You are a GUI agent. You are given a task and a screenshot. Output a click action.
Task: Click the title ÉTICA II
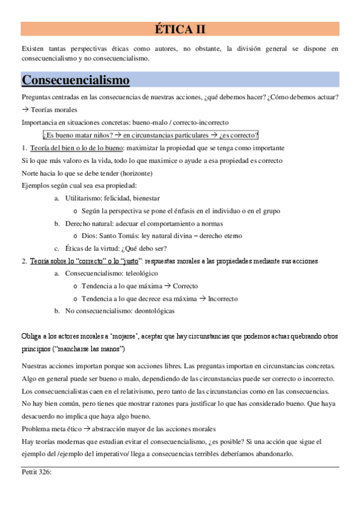click(180, 29)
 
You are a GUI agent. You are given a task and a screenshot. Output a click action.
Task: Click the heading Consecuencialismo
click(75, 80)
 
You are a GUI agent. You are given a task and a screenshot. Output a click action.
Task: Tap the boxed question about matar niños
click(151, 135)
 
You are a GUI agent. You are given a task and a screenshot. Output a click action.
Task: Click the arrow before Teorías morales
click(25, 110)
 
